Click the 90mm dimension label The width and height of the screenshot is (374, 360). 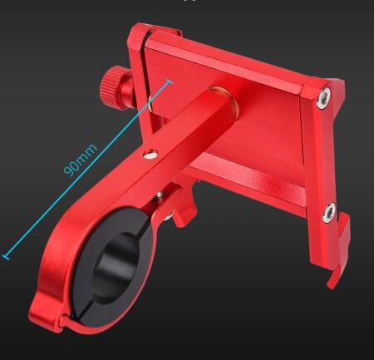(x=81, y=160)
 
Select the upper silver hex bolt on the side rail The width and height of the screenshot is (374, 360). (x=324, y=97)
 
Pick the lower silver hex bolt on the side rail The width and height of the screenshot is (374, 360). (x=328, y=212)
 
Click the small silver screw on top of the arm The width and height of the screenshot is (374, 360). (x=150, y=154)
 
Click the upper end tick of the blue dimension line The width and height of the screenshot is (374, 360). (x=169, y=81)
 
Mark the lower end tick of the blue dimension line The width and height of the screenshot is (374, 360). (x=6, y=257)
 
